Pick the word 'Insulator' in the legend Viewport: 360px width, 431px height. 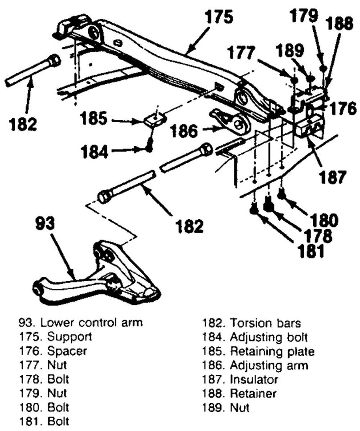click(x=254, y=380)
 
